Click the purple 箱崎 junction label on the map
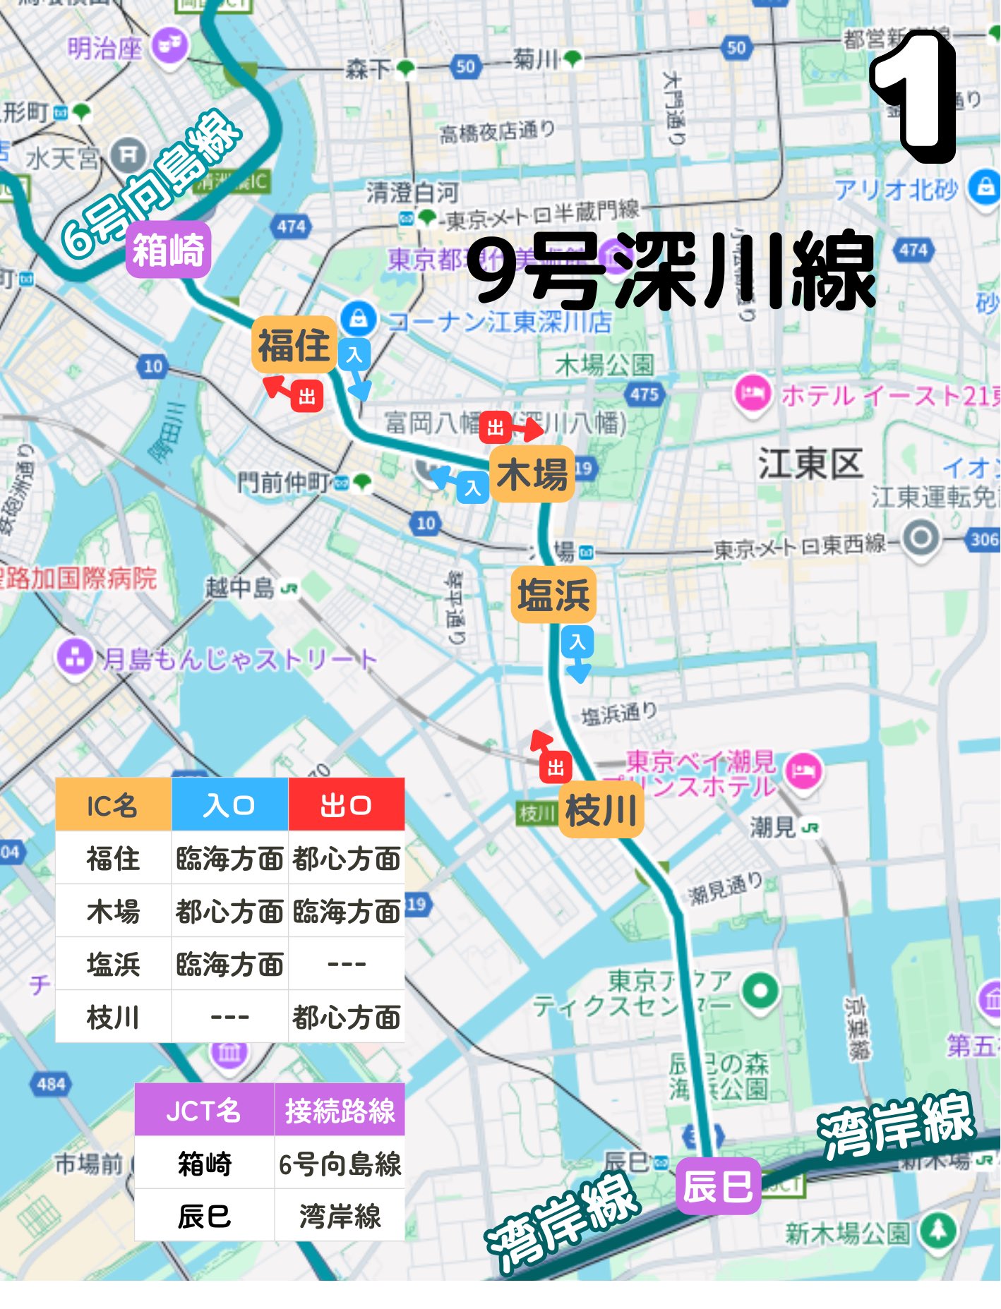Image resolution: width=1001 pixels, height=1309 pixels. click(x=168, y=250)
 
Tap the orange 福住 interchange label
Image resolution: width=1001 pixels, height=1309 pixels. click(x=294, y=345)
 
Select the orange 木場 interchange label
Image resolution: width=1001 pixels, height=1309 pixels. click(x=532, y=473)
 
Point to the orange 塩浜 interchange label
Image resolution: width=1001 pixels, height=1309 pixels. click(x=553, y=594)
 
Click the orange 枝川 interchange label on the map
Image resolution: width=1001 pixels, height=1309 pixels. click(x=601, y=810)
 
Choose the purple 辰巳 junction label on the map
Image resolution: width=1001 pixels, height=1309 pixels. click(x=718, y=1186)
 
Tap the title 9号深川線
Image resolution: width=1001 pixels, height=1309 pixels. click(x=671, y=272)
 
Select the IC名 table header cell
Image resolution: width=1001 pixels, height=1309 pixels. click(x=113, y=805)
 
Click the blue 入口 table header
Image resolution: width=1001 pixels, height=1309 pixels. click(x=229, y=805)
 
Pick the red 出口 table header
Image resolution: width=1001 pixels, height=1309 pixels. click(x=346, y=805)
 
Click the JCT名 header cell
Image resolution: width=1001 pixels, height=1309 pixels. click(x=204, y=1110)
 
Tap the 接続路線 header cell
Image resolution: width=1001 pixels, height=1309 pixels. click(x=340, y=1110)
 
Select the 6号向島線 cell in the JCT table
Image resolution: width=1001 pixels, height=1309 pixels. click(x=340, y=1163)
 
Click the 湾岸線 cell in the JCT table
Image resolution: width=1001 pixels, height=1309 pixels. click(x=340, y=1216)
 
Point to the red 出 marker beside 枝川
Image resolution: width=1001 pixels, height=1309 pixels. click(x=556, y=768)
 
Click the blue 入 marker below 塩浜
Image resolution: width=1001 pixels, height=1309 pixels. click(x=577, y=642)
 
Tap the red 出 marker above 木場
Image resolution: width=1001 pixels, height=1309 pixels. click(x=496, y=428)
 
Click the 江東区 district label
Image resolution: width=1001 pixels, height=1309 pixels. click(x=810, y=464)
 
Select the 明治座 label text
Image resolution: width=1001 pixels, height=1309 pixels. click(x=105, y=49)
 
